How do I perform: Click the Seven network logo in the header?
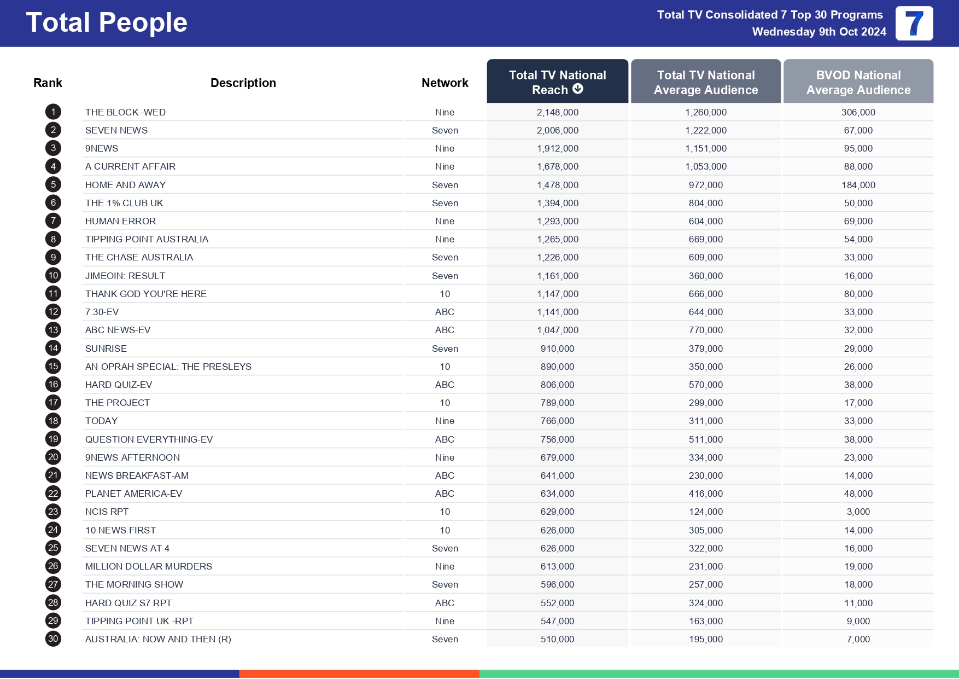click(x=914, y=24)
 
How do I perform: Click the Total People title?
click(x=107, y=23)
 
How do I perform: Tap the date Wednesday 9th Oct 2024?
click(x=818, y=32)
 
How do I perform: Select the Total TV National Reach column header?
click(x=557, y=82)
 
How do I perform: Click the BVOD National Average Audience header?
click(x=858, y=82)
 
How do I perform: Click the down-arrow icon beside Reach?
click(x=578, y=89)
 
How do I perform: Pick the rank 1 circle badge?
click(x=53, y=112)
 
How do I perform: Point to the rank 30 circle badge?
click(x=53, y=639)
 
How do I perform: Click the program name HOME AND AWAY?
click(x=125, y=185)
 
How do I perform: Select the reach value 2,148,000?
click(x=557, y=112)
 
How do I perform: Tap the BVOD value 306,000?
click(x=858, y=112)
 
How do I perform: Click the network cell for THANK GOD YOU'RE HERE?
click(x=445, y=294)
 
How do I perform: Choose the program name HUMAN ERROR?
click(x=120, y=221)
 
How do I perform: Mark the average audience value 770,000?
click(x=705, y=330)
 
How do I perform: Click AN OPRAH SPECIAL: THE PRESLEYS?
click(x=168, y=367)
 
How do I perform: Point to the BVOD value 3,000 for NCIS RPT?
click(x=858, y=512)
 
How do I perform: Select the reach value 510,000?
click(x=557, y=639)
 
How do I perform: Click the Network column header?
click(x=445, y=83)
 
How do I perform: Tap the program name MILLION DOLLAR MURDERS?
click(x=148, y=566)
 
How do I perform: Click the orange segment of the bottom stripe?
click(x=359, y=674)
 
